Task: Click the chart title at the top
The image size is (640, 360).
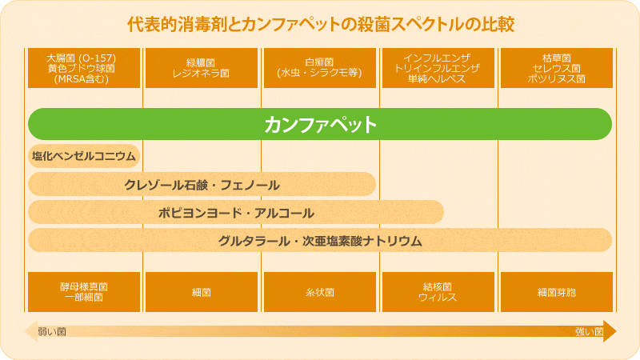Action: click(x=321, y=25)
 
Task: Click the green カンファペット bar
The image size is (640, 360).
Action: click(x=320, y=124)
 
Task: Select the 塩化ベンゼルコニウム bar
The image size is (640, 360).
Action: click(x=84, y=156)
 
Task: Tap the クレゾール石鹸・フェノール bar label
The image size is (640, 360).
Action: click(x=202, y=186)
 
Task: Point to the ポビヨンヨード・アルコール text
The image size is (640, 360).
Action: click(x=236, y=213)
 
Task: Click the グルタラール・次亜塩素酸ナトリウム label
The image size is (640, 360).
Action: click(x=320, y=241)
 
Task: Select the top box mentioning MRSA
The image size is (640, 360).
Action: click(x=84, y=68)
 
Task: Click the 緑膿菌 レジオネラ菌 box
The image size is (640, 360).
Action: click(x=202, y=68)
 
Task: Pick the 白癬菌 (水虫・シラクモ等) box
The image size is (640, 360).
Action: click(x=320, y=68)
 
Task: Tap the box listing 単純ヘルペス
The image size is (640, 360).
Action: click(x=438, y=68)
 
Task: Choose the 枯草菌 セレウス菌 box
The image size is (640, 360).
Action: click(x=557, y=68)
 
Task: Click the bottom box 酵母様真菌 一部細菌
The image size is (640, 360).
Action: click(x=84, y=292)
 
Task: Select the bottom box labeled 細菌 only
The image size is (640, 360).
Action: click(x=202, y=292)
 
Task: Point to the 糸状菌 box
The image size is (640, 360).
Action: click(x=320, y=292)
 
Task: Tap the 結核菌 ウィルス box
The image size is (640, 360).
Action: click(x=438, y=292)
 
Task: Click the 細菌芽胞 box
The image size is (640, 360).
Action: click(x=557, y=292)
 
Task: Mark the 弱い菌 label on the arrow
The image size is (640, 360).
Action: click(x=52, y=331)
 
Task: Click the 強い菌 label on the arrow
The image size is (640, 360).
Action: click(x=589, y=331)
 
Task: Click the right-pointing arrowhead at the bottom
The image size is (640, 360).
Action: click(x=610, y=331)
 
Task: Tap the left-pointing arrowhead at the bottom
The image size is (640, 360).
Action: click(x=31, y=331)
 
